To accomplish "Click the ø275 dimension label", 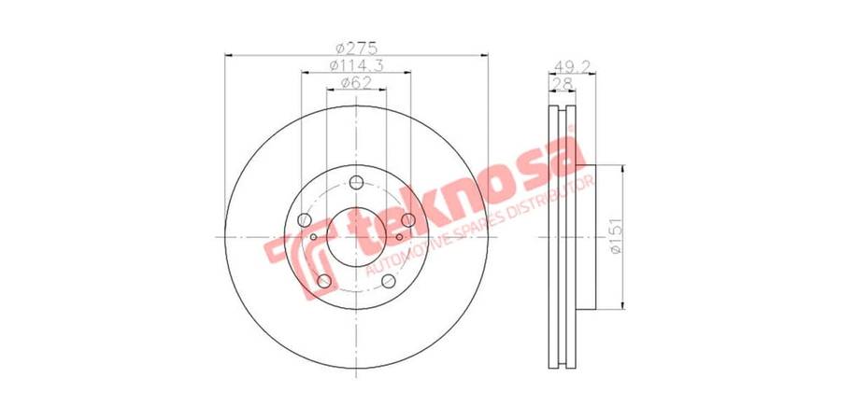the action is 357,48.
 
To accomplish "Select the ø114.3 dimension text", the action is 356,65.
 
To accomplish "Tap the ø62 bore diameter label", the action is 356,82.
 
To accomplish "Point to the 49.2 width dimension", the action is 572,66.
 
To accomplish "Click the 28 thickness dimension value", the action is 561,83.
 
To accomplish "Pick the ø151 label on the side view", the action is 616,236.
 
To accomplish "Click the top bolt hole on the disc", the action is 356,183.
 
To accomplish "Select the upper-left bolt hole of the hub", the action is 305,219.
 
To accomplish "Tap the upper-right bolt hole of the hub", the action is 408,219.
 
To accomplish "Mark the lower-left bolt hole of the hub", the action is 324,281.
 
